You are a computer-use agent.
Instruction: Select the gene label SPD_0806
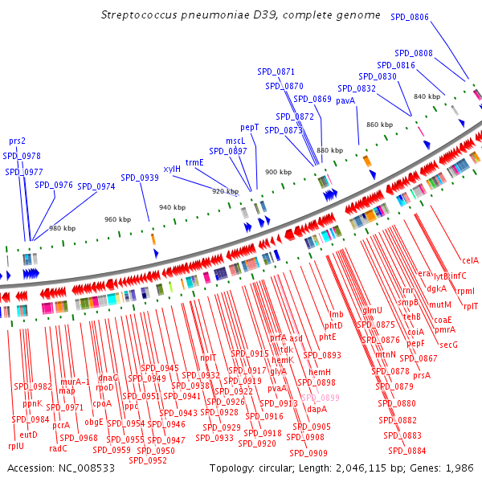pos(410,17)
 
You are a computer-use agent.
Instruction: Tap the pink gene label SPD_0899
pos(321,398)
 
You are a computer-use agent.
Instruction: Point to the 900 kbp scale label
pos(279,172)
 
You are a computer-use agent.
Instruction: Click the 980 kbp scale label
pos(62,228)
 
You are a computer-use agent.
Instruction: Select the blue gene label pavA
pos(345,100)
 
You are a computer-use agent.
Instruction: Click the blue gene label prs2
pos(17,141)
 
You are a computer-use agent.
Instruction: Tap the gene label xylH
pos(172,170)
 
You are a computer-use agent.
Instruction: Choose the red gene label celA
pos(470,259)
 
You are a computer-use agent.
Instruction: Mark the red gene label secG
pos(448,345)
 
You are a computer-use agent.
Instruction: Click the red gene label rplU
pos(16,446)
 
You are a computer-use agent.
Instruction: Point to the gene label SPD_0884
pos(407,450)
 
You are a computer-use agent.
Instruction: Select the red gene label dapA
pos(317,409)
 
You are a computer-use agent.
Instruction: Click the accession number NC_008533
pos(84,468)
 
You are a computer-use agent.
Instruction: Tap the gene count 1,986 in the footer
pos(460,468)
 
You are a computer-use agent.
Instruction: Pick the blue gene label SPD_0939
pos(140,178)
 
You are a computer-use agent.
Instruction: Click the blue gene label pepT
pos(250,127)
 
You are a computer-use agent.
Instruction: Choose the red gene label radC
pos(58,448)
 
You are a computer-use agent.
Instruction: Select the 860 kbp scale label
pos(379,125)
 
